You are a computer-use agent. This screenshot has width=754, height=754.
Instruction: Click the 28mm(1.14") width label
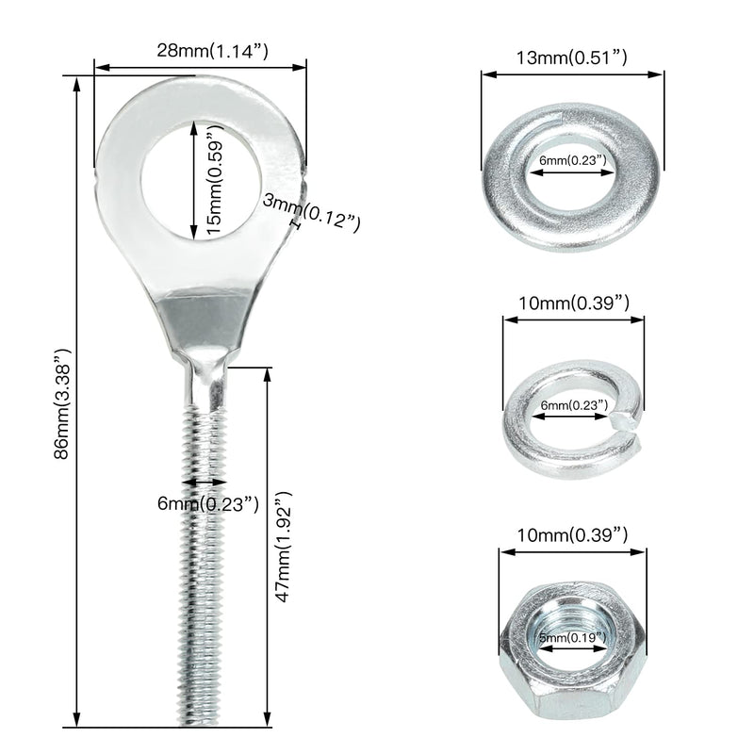[x=212, y=51]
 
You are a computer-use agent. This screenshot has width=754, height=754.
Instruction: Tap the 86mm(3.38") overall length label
[x=62, y=403]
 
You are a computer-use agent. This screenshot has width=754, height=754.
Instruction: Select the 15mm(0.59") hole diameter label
[x=216, y=179]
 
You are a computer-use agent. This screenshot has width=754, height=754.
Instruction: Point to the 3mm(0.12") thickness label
[x=312, y=214]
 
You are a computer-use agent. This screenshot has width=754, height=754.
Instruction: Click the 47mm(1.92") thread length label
[x=284, y=547]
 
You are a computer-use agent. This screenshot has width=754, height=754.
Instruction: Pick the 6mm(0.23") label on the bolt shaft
[x=208, y=504]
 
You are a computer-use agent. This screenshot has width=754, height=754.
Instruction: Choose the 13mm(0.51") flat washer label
[x=572, y=57]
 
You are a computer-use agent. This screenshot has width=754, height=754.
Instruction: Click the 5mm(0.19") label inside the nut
[x=572, y=638]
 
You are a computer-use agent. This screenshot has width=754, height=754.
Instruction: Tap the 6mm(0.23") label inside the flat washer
[x=573, y=160]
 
